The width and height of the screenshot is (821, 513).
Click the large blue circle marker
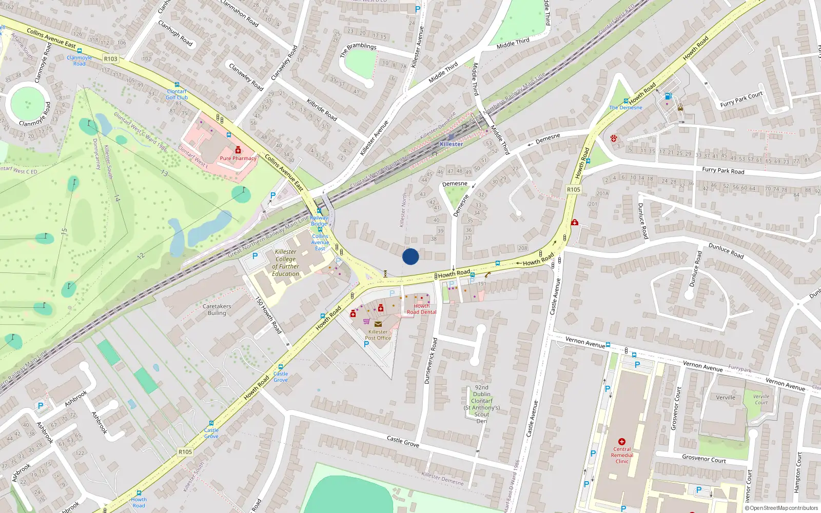411,256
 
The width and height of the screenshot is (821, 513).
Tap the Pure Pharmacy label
238,158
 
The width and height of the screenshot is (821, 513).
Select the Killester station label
451,144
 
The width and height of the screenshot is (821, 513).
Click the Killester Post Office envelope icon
378,324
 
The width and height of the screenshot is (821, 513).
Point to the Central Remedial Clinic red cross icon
622,442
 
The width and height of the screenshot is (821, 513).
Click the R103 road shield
110,58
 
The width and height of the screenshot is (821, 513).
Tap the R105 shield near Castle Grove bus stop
185,452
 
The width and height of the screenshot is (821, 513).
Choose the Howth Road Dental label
421,309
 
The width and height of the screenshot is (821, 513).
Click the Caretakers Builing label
217,309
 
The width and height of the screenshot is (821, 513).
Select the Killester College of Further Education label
286,263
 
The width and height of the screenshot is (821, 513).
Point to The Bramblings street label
358,50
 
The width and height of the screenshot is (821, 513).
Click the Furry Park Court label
741,99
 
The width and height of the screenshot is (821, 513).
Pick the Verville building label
726,398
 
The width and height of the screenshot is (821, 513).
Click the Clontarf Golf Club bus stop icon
177,85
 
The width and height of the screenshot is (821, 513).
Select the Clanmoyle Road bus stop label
80,61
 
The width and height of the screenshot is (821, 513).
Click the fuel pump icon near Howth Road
668,96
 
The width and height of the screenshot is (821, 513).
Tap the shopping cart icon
366,322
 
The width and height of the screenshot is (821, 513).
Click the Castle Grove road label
403,441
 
